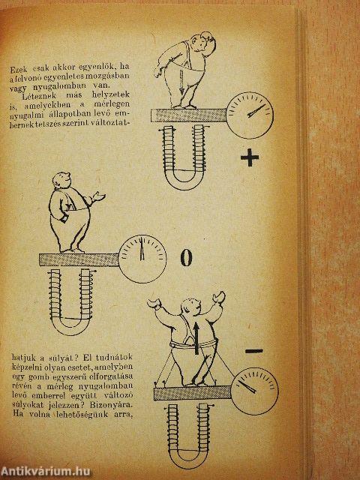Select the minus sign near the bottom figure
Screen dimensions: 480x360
(x=253, y=350)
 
